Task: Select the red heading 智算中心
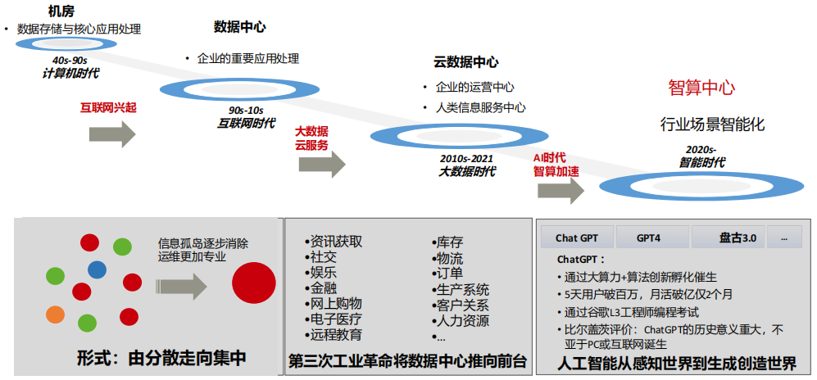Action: tap(701, 88)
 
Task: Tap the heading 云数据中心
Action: tap(465, 61)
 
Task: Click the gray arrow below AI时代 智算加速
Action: tap(561, 191)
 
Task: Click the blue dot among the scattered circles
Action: tap(97, 269)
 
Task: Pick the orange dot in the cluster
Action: tap(55, 314)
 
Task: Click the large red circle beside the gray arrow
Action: tap(252, 282)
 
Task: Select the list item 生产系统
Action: tap(463, 289)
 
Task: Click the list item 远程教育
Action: tap(337, 335)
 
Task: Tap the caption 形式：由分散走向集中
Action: tap(161, 358)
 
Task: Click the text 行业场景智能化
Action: tap(712, 124)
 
